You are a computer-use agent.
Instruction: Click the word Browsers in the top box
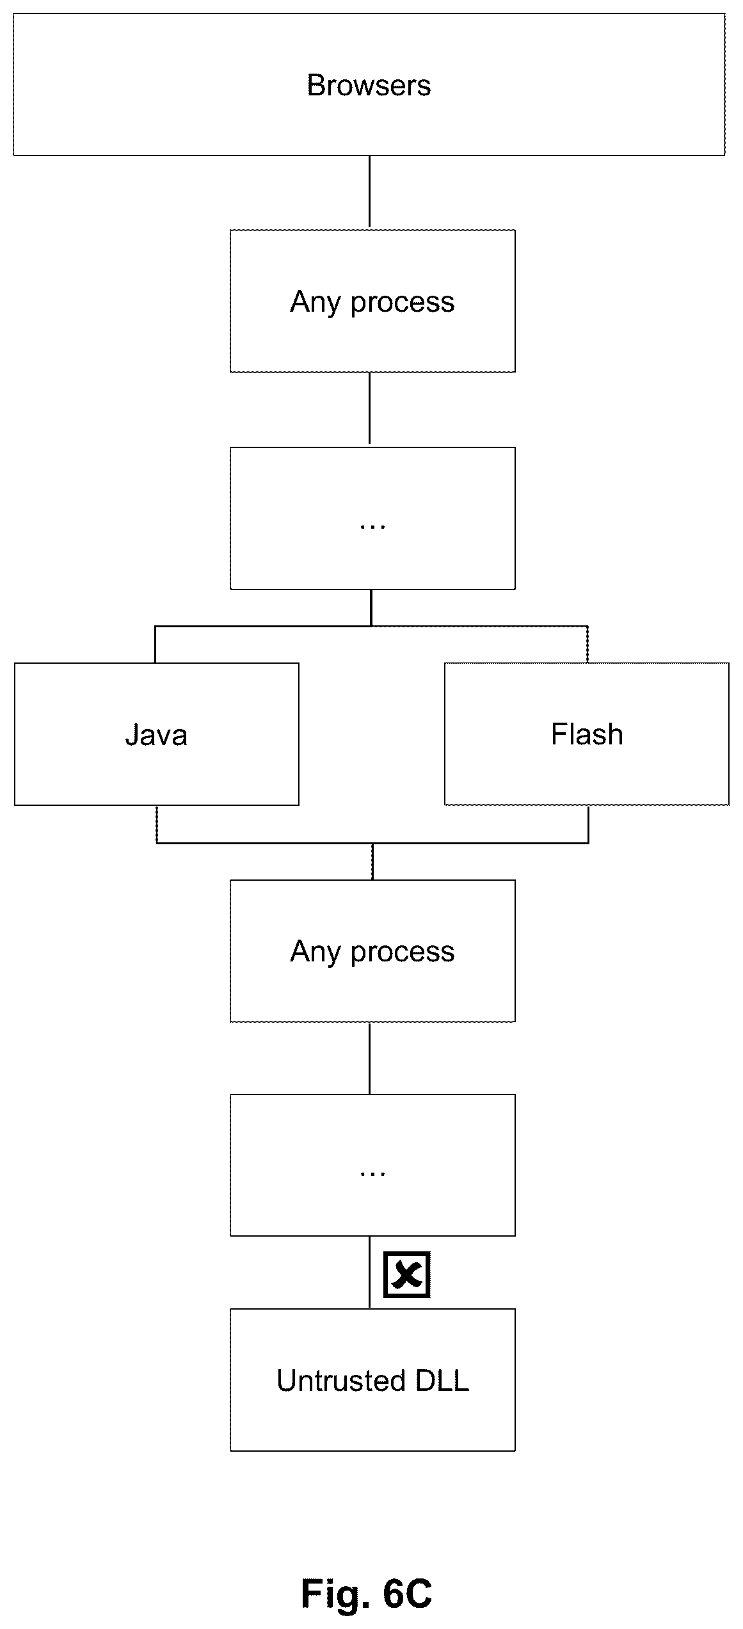click(x=369, y=86)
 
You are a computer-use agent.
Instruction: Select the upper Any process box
click(x=372, y=301)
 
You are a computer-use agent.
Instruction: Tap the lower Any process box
click(x=372, y=951)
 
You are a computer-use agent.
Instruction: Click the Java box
click(x=156, y=734)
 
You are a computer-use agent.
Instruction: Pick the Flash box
click(x=587, y=734)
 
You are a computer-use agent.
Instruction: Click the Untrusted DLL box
click(x=372, y=1381)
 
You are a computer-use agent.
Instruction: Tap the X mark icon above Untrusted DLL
click(x=406, y=1274)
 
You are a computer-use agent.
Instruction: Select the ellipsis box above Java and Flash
click(x=372, y=518)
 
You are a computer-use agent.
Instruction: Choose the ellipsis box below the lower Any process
click(x=372, y=1165)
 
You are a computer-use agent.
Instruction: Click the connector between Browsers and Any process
click(x=369, y=192)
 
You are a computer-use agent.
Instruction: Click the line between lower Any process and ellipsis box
click(x=369, y=1058)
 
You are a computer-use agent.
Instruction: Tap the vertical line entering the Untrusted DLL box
click(x=369, y=1272)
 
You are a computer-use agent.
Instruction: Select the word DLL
click(x=442, y=1381)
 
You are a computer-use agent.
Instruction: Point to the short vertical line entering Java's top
click(x=155, y=645)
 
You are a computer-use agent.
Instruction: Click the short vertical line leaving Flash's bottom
click(x=588, y=824)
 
